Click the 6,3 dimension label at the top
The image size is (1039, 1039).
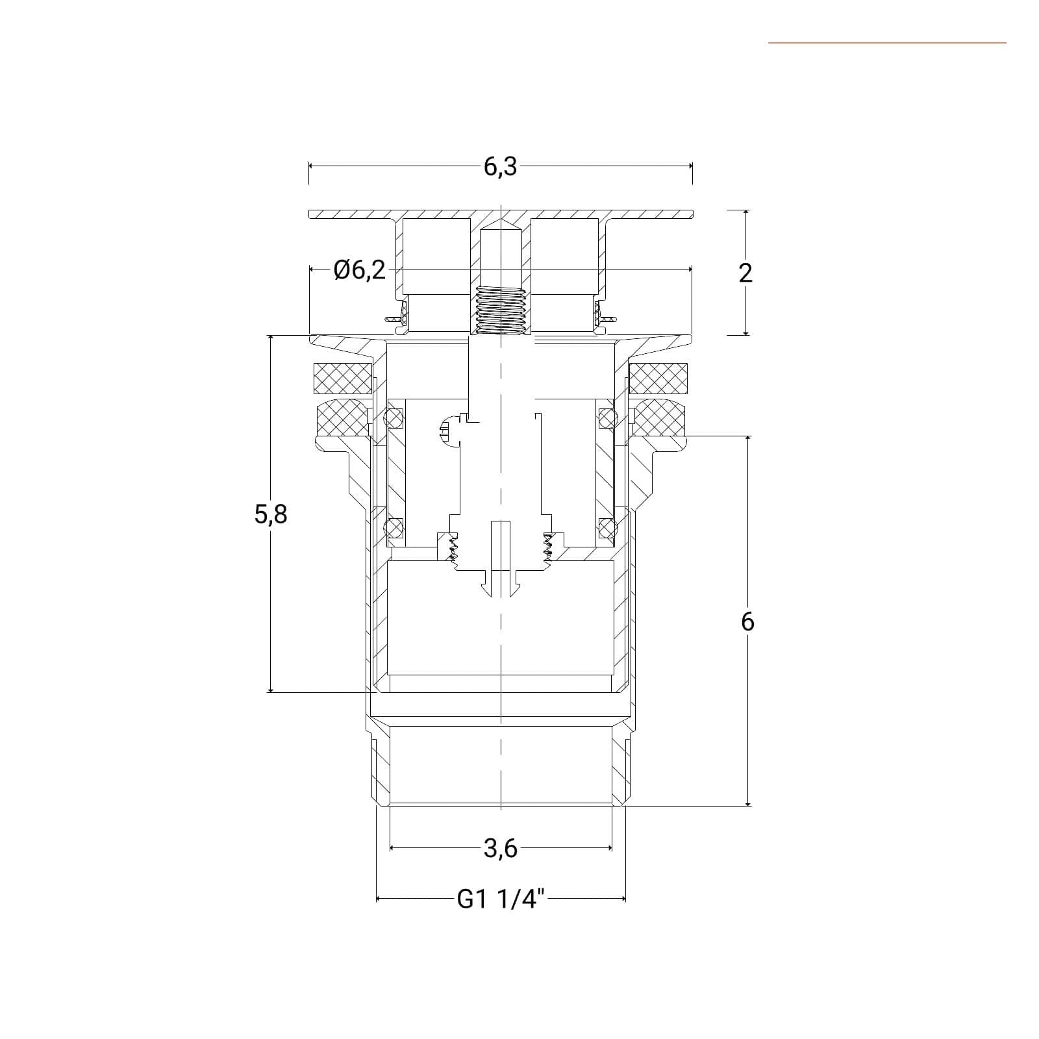click(500, 167)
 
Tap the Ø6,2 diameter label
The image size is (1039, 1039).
click(359, 270)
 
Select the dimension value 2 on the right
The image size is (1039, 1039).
click(745, 273)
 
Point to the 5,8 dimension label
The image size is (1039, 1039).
click(271, 514)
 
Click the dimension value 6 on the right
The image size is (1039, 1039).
click(747, 622)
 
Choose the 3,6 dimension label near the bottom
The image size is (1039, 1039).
click(501, 848)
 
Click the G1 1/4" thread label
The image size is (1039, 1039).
click(500, 899)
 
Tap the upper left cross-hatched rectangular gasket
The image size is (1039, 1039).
click(343, 378)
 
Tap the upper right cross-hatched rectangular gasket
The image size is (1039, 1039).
click(658, 378)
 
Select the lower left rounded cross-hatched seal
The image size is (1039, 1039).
click(343, 419)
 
